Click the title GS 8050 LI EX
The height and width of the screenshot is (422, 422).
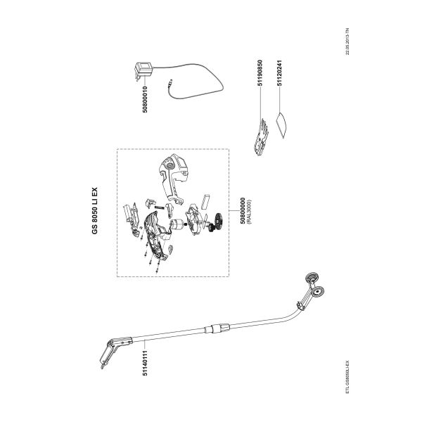tap(95, 211)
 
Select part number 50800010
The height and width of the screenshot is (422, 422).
tap(145, 99)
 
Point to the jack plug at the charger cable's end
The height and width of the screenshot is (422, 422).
tap(170, 82)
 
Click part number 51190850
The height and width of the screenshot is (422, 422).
tap(260, 72)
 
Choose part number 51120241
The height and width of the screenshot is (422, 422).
tap(280, 72)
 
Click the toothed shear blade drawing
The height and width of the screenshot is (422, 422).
tap(260, 136)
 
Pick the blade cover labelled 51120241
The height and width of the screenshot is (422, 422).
tap(281, 125)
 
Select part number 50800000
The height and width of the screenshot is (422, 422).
tap(243, 211)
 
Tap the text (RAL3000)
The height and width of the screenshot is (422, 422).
tap(249, 211)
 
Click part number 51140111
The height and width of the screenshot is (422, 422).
tap(145, 362)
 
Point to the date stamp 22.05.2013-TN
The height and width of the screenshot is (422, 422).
tap(347, 41)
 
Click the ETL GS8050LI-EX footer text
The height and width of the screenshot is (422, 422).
tap(347, 377)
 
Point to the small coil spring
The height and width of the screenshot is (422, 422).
tap(160, 207)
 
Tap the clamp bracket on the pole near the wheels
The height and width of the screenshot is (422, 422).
tap(301, 305)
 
